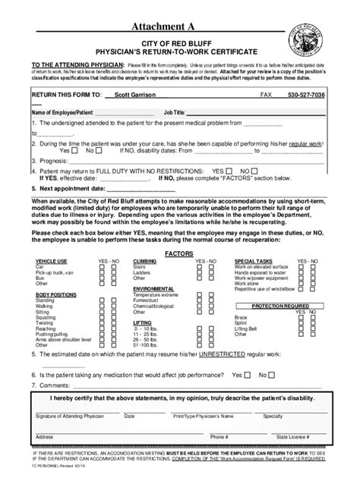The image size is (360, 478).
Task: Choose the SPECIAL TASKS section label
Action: [253, 259]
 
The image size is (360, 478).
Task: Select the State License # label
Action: [294, 437]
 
